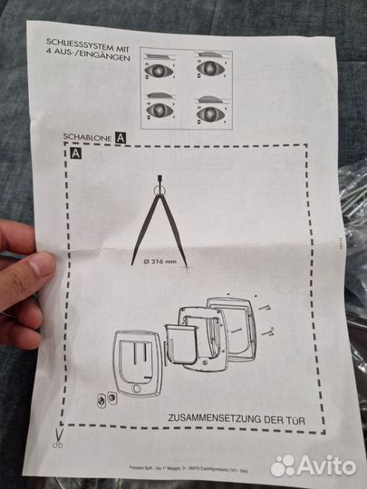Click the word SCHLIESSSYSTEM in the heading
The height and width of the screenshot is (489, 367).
[x=75, y=42]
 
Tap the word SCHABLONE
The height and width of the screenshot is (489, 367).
[x=88, y=138]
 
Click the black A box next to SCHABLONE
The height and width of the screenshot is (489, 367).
[x=120, y=138]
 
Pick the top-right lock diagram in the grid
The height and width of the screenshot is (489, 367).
[x=212, y=69]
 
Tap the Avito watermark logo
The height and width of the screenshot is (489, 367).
[x=313, y=465]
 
